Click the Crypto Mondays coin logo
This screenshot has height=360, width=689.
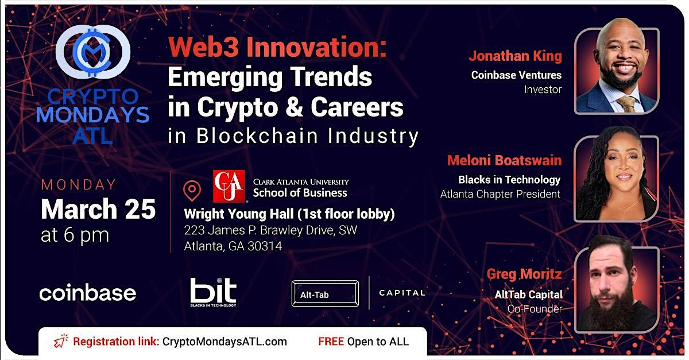click(93, 52)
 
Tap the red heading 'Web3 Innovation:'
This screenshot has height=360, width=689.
click(277, 49)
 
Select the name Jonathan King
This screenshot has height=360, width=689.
click(515, 56)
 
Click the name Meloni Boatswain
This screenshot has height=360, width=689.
click(504, 161)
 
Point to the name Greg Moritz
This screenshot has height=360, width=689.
click(524, 274)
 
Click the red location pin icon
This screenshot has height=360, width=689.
click(192, 190)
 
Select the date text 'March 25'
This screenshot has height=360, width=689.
click(98, 210)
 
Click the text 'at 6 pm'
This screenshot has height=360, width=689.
click(75, 235)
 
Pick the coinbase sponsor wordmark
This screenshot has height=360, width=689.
click(87, 293)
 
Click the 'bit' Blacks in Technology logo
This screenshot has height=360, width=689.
click(213, 291)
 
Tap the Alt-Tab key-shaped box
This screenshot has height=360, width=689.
click(325, 294)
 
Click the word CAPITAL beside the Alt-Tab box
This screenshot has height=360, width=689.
click(402, 293)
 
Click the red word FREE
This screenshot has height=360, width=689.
click(331, 342)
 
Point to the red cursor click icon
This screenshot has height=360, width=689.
click(60, 342)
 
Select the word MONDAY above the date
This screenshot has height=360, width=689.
click(79, 185)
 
